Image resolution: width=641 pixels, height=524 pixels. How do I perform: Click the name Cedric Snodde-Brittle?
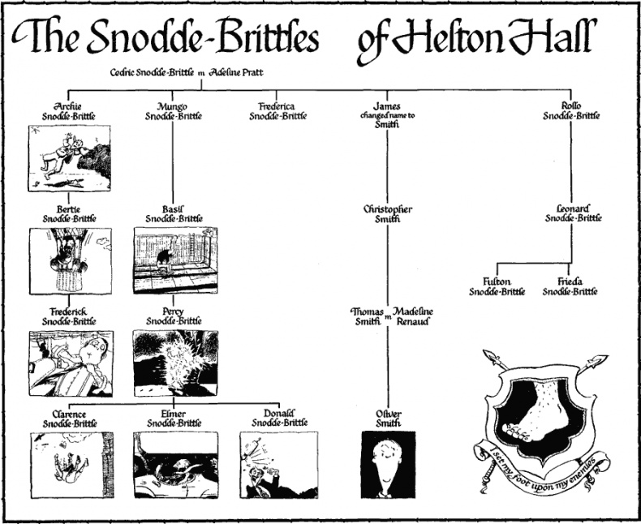[152, 74]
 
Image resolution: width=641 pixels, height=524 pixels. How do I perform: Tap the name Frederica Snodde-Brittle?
[277, 111]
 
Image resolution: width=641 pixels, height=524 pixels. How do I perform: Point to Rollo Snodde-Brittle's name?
[571, 111]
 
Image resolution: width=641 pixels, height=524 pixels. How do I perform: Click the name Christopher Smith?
[387, 214]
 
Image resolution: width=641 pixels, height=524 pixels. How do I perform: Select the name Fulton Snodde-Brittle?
[497, 286]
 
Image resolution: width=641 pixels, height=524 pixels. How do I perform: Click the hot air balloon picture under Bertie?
[69, 260]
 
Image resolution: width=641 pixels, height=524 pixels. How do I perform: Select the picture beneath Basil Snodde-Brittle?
[175, 260]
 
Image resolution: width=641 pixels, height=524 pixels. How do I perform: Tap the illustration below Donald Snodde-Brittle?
[277, 464]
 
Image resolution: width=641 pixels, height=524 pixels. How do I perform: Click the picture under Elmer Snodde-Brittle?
[175, 464]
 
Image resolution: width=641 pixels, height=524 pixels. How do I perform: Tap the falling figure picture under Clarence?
[69, 464]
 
